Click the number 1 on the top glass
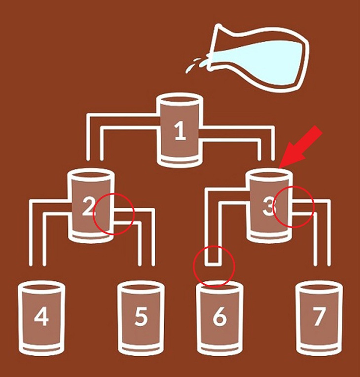pyautogui.click(x=180, y=131)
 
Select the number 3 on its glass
pyautogui.click(x=269, y=207)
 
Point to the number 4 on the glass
pyautogui.click(x=41, y=317)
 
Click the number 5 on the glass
pyautogui.click(x=141, y=317)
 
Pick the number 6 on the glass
pyautogui.click(x=219, y=316)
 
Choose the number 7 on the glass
pyautogui.click(x=319, y=317)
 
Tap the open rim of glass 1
pyautogui.click(x=180, y=100)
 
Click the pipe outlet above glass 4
pyautogui.click(x=37, y=264)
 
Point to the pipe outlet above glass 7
pyautogui.click(x=322, y=264)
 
